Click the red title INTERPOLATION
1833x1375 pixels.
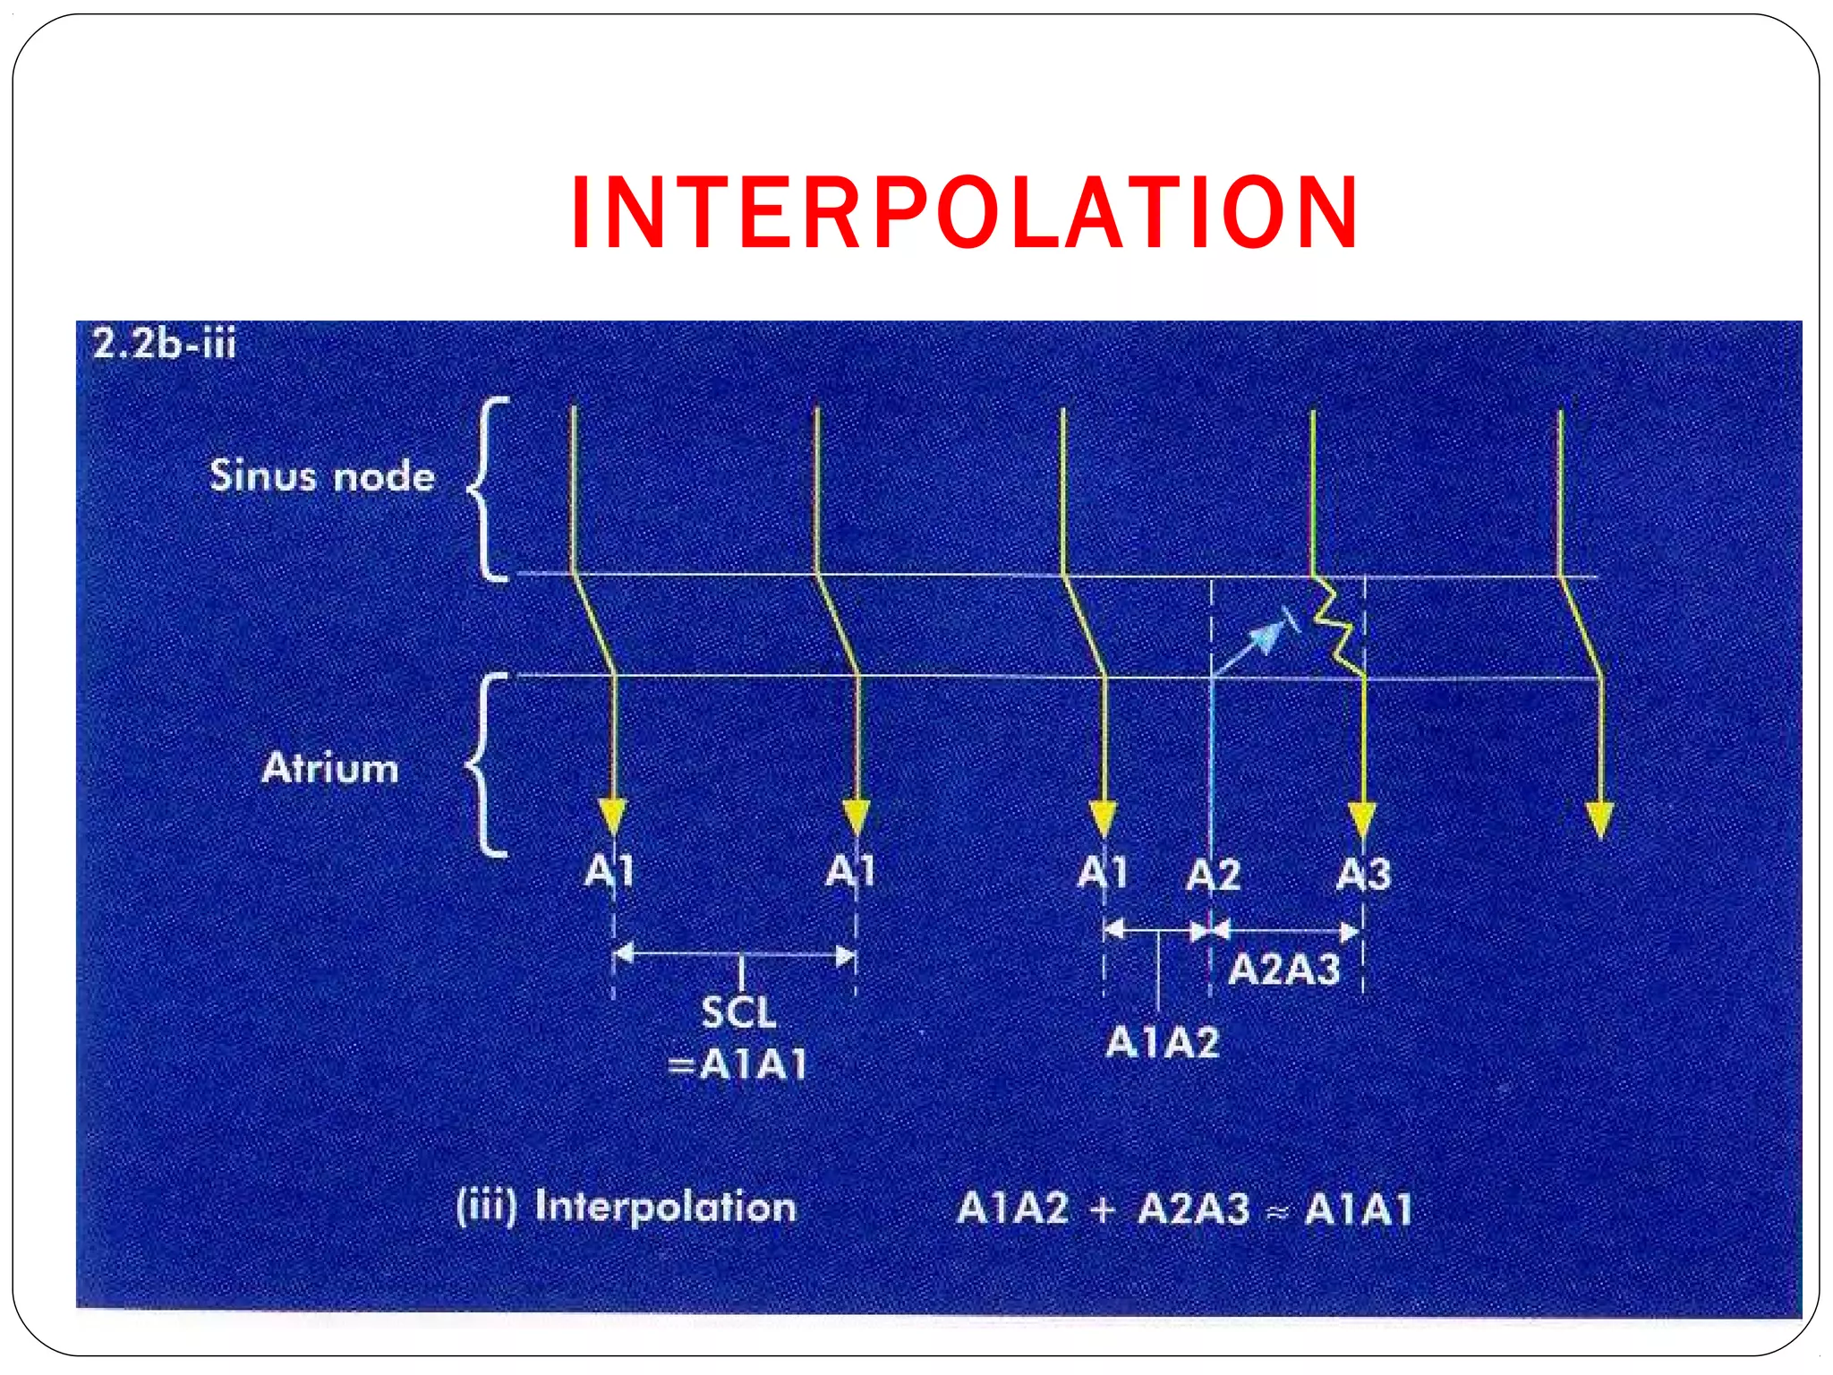[x=965, y=213]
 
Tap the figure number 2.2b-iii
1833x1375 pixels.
[x=165, y=345]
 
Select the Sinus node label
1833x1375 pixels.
[x=322, y=475]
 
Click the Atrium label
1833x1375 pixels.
[x=330, y=768]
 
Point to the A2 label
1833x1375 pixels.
[x=1213, y=875]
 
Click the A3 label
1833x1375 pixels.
[x=1363, y=874]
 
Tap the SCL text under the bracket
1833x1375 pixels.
[x=738, y=1012]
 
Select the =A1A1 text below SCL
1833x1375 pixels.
[x=738, y=1064]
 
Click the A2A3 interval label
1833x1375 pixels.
[x=1283, y=969]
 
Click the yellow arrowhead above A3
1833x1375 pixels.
[x=1362, y=818]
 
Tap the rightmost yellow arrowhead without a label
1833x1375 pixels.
[x=1599, y=818]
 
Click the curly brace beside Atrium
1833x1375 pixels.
[x=488, y=765]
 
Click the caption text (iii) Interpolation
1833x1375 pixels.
[x=626, y=1207]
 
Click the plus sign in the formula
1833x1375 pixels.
[x=1103, y=1209]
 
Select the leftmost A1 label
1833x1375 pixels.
[x=610, y=870]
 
